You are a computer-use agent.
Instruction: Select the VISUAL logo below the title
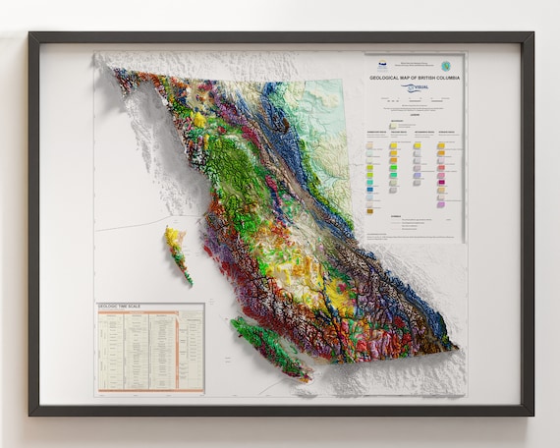(414, 87)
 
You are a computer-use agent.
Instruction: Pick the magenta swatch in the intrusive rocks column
(441, 181)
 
